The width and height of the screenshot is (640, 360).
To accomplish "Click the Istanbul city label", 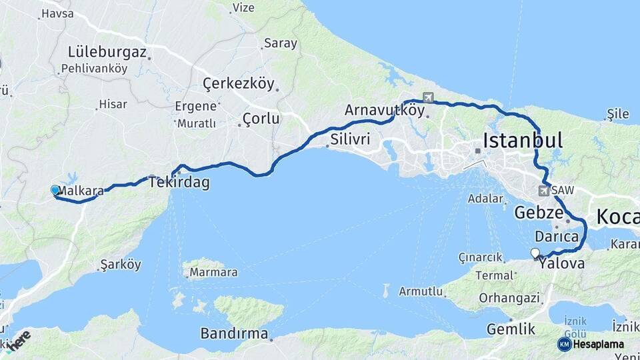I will [523, 141].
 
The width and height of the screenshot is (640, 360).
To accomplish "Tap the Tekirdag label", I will [179, 183].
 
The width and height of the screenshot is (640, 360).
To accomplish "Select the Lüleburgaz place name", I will [107, 52].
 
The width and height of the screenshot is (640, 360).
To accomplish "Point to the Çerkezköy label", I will [239, 84].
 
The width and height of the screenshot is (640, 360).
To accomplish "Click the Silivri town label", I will [351, 141].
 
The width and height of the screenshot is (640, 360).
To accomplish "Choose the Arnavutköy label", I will [385, 111].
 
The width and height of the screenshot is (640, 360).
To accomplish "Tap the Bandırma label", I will [234, 334].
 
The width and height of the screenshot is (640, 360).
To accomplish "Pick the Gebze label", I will [538, 213].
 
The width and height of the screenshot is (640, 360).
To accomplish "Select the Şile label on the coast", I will [618, 115].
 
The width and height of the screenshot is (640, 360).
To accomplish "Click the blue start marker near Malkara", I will [55, 190].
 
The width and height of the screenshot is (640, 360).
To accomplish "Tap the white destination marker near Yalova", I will [535, 253].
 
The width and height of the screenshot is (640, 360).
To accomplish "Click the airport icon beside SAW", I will [545, 191].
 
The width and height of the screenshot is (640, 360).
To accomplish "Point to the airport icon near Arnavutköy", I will [427, 97].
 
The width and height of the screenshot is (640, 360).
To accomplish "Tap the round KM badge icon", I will [565, 344].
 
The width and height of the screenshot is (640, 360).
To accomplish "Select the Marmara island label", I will [213, 273].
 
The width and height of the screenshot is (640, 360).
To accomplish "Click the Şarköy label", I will [121, 265].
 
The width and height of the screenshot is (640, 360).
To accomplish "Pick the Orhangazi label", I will [509, 298].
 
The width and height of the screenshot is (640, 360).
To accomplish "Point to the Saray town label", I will [280, 43].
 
